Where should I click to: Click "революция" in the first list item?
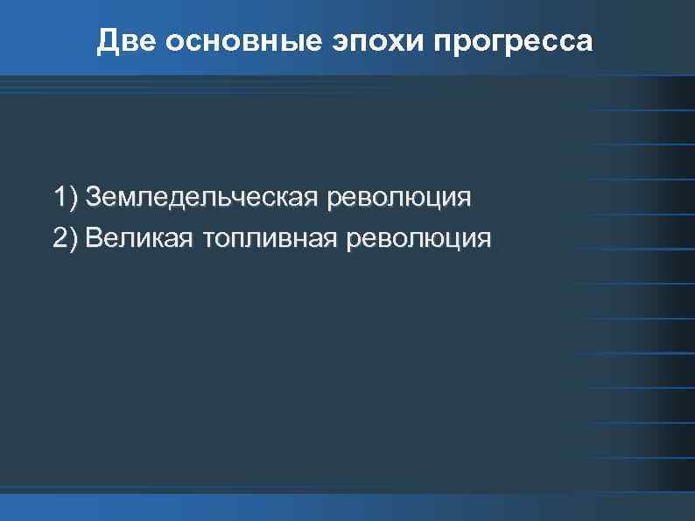pos(398,196)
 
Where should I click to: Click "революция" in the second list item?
pos(420,237)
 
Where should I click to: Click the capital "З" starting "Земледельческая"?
pos(93,196)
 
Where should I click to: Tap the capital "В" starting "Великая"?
pos(93,237)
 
